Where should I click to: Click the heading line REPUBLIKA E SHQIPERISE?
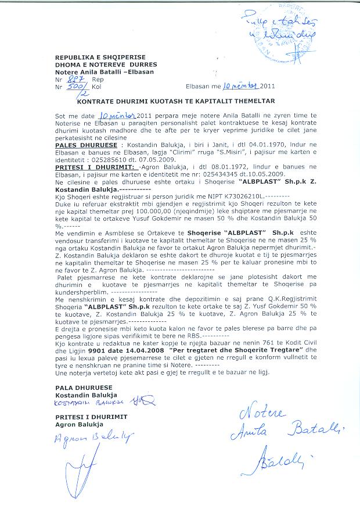pyautogui.click(x=93, y=56)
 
